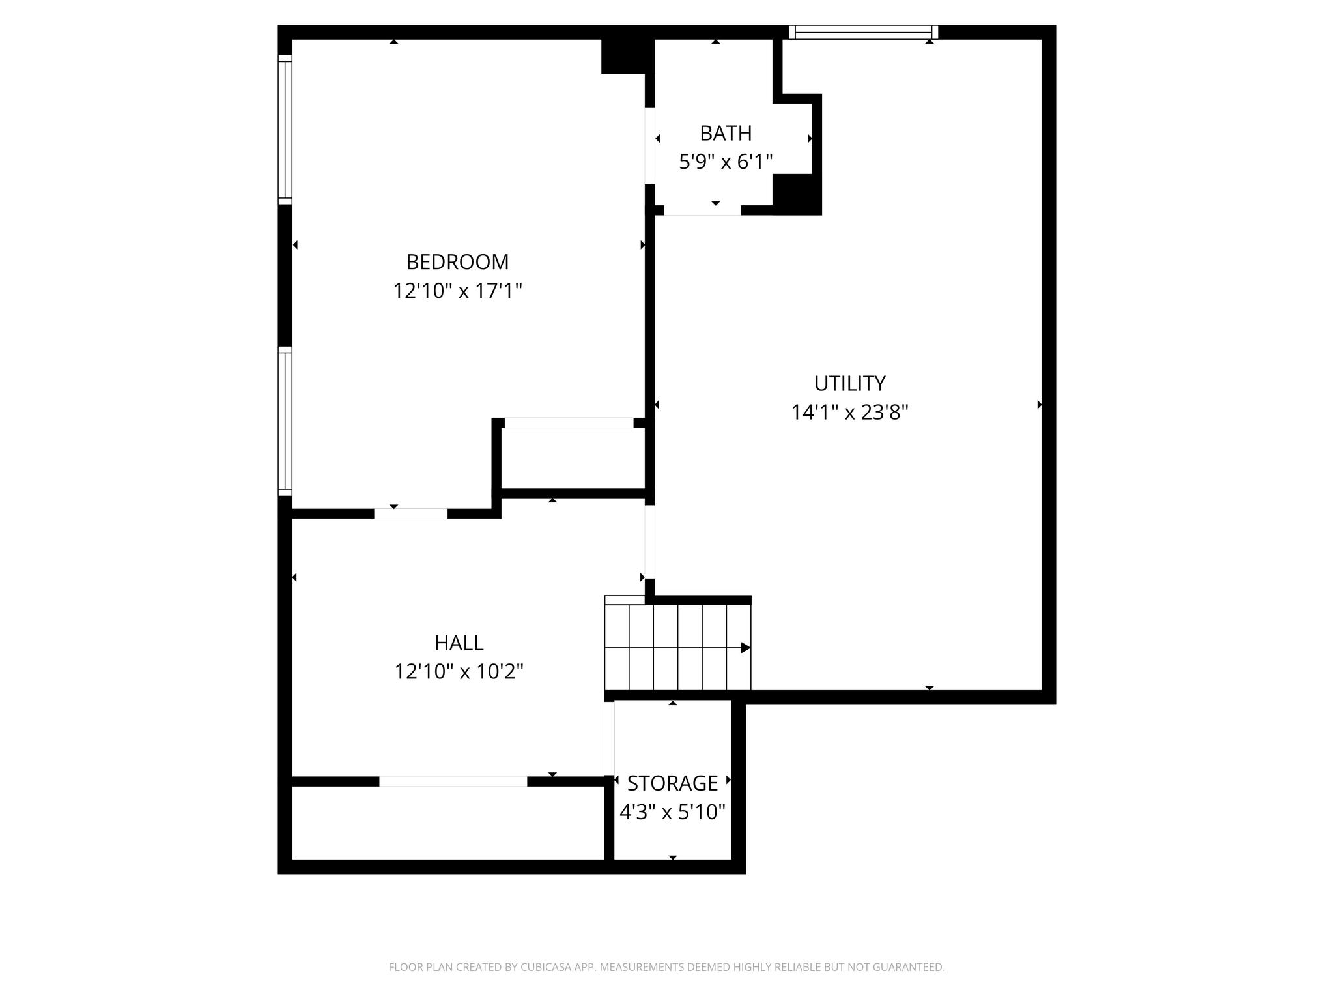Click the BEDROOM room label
pos(457,262)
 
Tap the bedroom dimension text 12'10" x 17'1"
pos(457,291)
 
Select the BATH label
pos(726,133)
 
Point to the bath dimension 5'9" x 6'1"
pos(726,162)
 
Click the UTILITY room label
pos(849,383)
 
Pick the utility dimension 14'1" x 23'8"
pos(849,413)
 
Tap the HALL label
pos(459,643)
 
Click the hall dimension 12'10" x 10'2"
pos(459,671)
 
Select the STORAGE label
pos(672,783)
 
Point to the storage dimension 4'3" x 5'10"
pos(672,812)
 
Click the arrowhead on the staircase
pos(746,648)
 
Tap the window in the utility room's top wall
pos(863,33)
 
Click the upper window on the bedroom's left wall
pos(285,130)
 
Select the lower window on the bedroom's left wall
pos(285,421)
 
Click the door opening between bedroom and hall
pos(410,514)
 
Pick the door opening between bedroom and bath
pos(649,145)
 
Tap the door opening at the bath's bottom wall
pos(702,210)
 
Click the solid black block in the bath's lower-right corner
pos(797,194)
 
